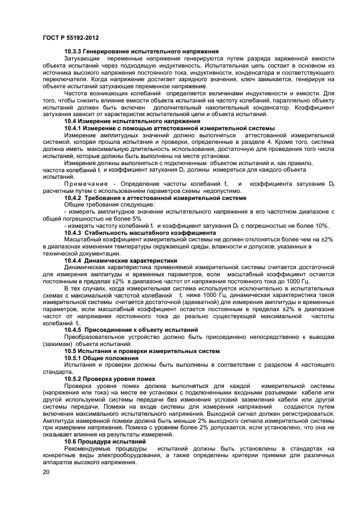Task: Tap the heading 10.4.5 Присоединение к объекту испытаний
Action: point(131,330)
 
